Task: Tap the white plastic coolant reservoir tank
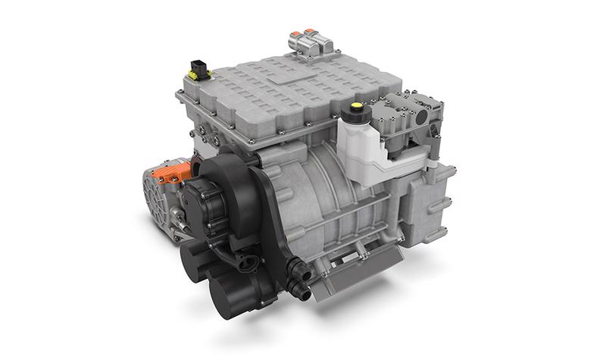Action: point(362,152)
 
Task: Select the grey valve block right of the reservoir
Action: point(409,121)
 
